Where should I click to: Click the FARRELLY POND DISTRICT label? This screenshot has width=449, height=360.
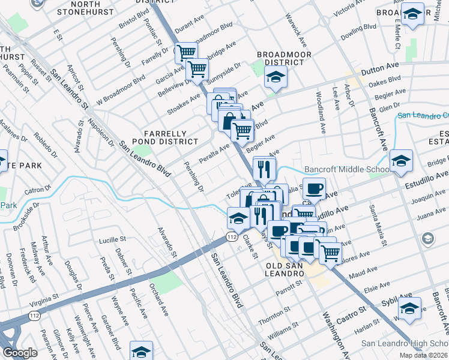170,137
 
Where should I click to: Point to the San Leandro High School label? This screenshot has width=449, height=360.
404,344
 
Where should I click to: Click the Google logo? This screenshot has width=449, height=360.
20,353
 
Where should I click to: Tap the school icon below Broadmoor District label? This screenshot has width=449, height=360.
276,77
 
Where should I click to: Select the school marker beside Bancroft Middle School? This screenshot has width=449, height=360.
401,161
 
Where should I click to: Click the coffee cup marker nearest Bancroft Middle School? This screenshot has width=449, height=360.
314,189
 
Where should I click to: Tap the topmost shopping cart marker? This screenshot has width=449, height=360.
186,53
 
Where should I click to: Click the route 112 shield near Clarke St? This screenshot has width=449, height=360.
231,238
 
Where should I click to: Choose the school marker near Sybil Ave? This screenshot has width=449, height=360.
410,308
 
